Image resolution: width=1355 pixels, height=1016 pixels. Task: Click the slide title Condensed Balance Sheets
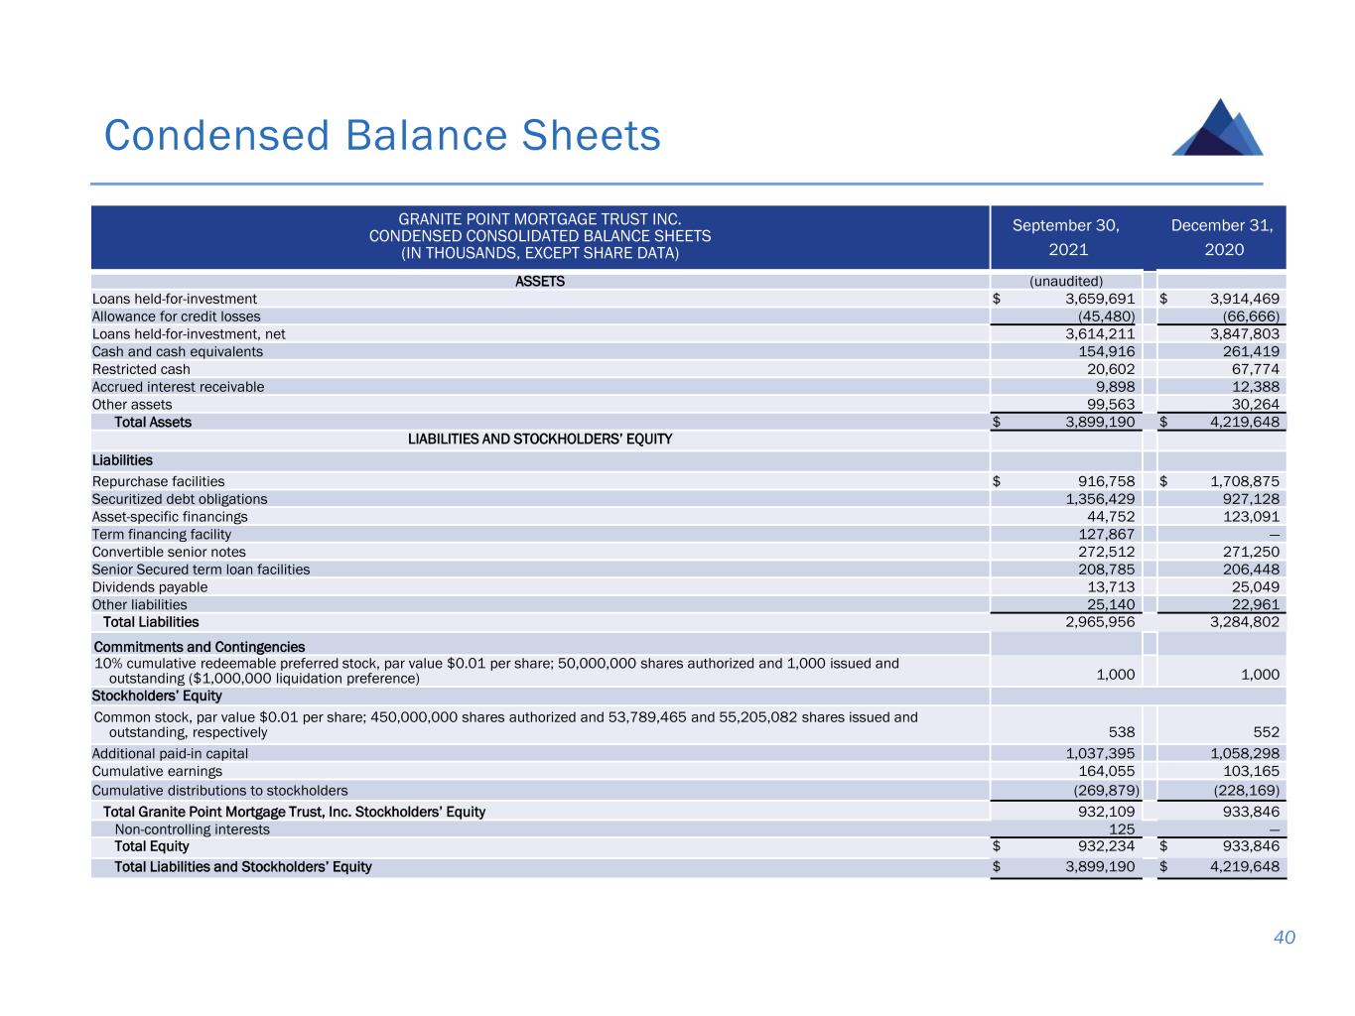pos(382,136)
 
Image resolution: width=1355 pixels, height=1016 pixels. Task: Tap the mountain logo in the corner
pos(1217,128)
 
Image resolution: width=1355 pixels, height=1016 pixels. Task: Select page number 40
pos(1285,938)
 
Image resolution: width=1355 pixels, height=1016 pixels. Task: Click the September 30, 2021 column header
pos(1065,237)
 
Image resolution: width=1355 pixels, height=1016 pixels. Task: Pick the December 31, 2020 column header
pos(1222,237)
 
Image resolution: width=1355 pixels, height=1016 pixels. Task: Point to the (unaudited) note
pos(1065,281)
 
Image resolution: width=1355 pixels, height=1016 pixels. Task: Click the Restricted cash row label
pos(141,369)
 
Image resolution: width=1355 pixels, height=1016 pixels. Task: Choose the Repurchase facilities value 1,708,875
pos(1245,481)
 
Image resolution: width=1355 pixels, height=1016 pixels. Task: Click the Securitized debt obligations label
pos(180,499)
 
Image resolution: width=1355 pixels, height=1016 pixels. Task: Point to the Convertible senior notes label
pos(169,552)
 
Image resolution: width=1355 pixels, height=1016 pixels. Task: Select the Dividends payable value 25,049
pos(1255,586)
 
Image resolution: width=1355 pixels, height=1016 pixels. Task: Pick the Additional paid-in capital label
pos(170,753)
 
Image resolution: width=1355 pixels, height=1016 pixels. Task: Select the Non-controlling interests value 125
pos(1122,829)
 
